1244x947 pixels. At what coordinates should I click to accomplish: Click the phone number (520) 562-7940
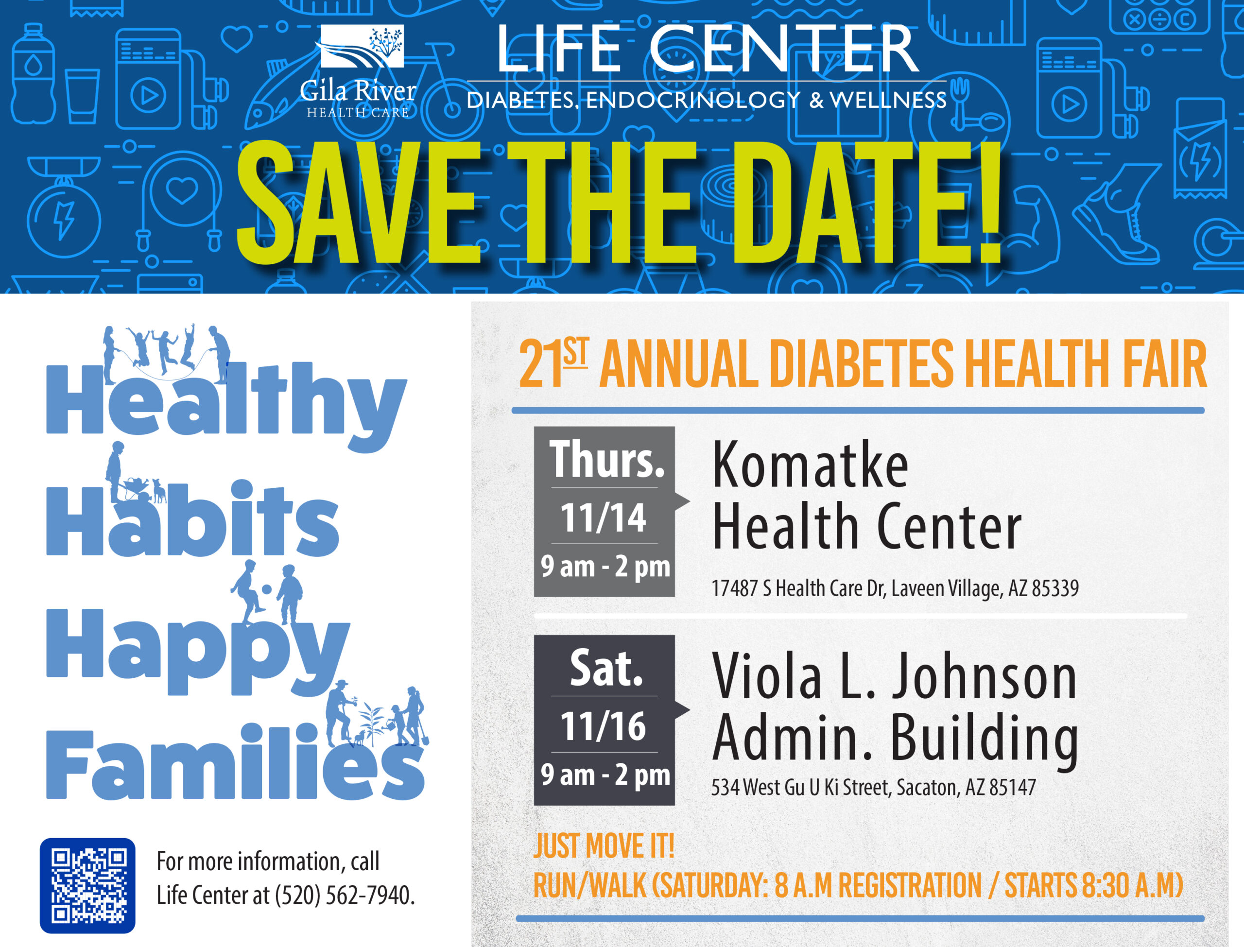point(345,895)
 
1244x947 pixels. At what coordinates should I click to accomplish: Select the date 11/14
point(603,517)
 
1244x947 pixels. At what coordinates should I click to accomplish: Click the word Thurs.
point(607,459)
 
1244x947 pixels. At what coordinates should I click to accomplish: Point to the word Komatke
point(810,465)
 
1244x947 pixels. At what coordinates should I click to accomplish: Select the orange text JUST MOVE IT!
point(604,846)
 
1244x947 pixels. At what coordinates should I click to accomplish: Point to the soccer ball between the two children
point(267,589)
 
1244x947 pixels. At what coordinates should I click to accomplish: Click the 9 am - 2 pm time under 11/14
point(605,566)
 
